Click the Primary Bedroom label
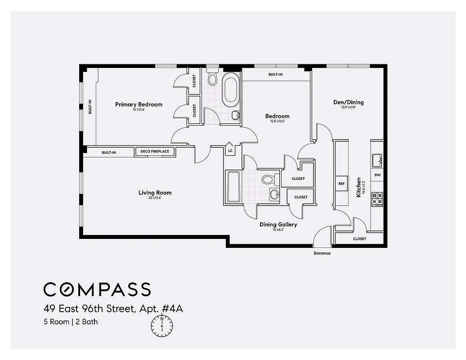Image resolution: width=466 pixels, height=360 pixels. pyautogui.click(x=139, y=104)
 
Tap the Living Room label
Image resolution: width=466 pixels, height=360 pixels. pyautogui.click(x=155, y=193)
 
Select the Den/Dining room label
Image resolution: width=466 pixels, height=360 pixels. pyautogui.click(x=348, y=102)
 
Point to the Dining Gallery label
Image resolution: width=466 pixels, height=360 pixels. pyautogui.click(x=278, y=225)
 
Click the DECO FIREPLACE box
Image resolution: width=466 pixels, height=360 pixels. pyautogui.click(x=155, y=152)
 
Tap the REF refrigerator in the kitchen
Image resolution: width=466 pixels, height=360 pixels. pyautogui.click(x=341, y=184)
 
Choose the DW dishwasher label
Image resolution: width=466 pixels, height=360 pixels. pyautogui.click(x=377, y=175)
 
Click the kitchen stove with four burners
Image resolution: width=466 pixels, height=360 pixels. pyautogui.click(x=376, y=198)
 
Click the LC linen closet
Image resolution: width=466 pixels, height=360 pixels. pyautogui.click(x=230, y=150)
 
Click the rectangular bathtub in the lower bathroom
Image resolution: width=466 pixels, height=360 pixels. pyautogui.click(x=233, y=187)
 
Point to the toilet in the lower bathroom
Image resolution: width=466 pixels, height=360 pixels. pyautogui.click(x=268, y=180)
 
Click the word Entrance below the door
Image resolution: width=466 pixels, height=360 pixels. pyautogui.click(x=322, y=253)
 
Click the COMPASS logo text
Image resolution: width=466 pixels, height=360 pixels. pyautogui.click(x=97, y=289)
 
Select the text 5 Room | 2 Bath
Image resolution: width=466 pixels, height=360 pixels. pyautogui.click(x=71, y=322)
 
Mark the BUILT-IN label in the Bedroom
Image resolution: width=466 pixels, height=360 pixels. pyautogui.click(x=275, y=74)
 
